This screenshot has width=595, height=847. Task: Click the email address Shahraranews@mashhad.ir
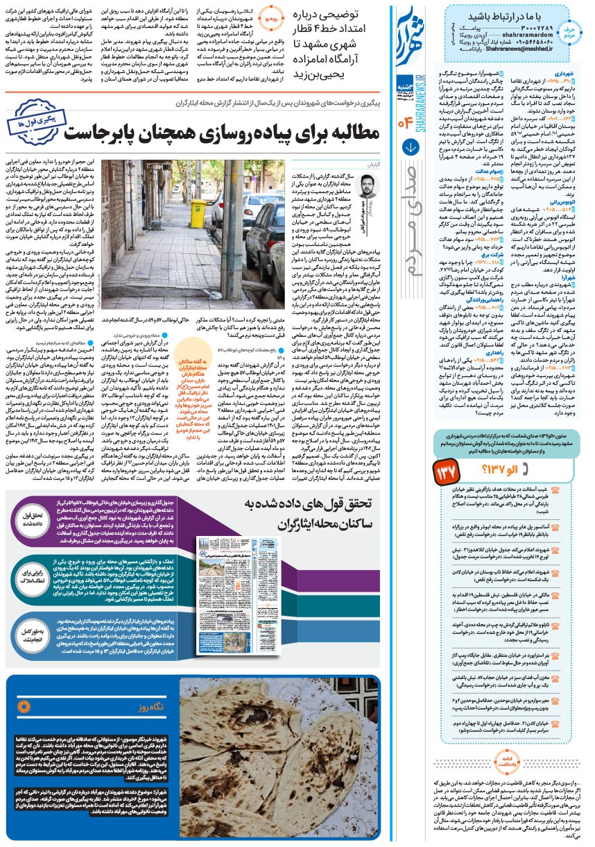pyautogui.click(x=492, y=51)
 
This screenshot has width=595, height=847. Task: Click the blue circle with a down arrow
pyautogui.click(x=410, y=146)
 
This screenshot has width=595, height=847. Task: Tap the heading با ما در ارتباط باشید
pyautogui.click(x=494, y=16)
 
